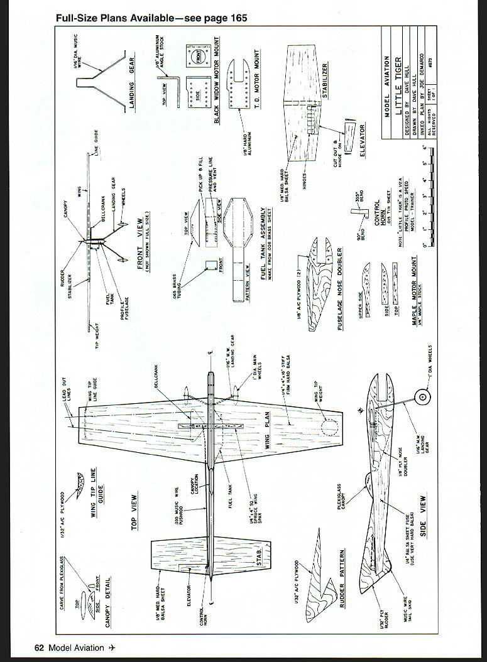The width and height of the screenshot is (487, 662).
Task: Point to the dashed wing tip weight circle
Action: (x=329, y=429)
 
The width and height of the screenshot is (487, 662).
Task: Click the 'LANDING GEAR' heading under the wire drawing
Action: (x=133, y=85)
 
